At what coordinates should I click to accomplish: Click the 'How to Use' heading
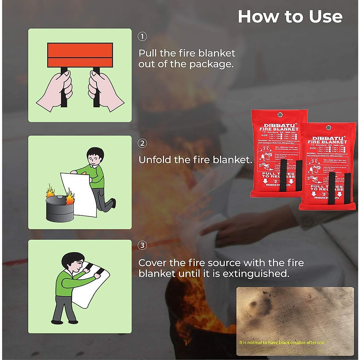click(x=290, y=16)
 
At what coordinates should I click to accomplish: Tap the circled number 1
click(x=142, y=37)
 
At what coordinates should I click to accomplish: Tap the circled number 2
click(x=142, y=143)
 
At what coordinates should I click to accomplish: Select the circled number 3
click(x=142, y=245)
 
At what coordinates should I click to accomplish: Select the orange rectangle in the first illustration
click(x=80, y=55)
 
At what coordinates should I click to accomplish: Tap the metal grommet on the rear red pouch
click(x=280, y=115)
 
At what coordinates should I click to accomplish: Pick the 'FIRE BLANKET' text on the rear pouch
click(x=279, y=129)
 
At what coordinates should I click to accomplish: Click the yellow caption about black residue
click(x=281, y=342)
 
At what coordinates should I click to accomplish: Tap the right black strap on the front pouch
click(x=347, y=187)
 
